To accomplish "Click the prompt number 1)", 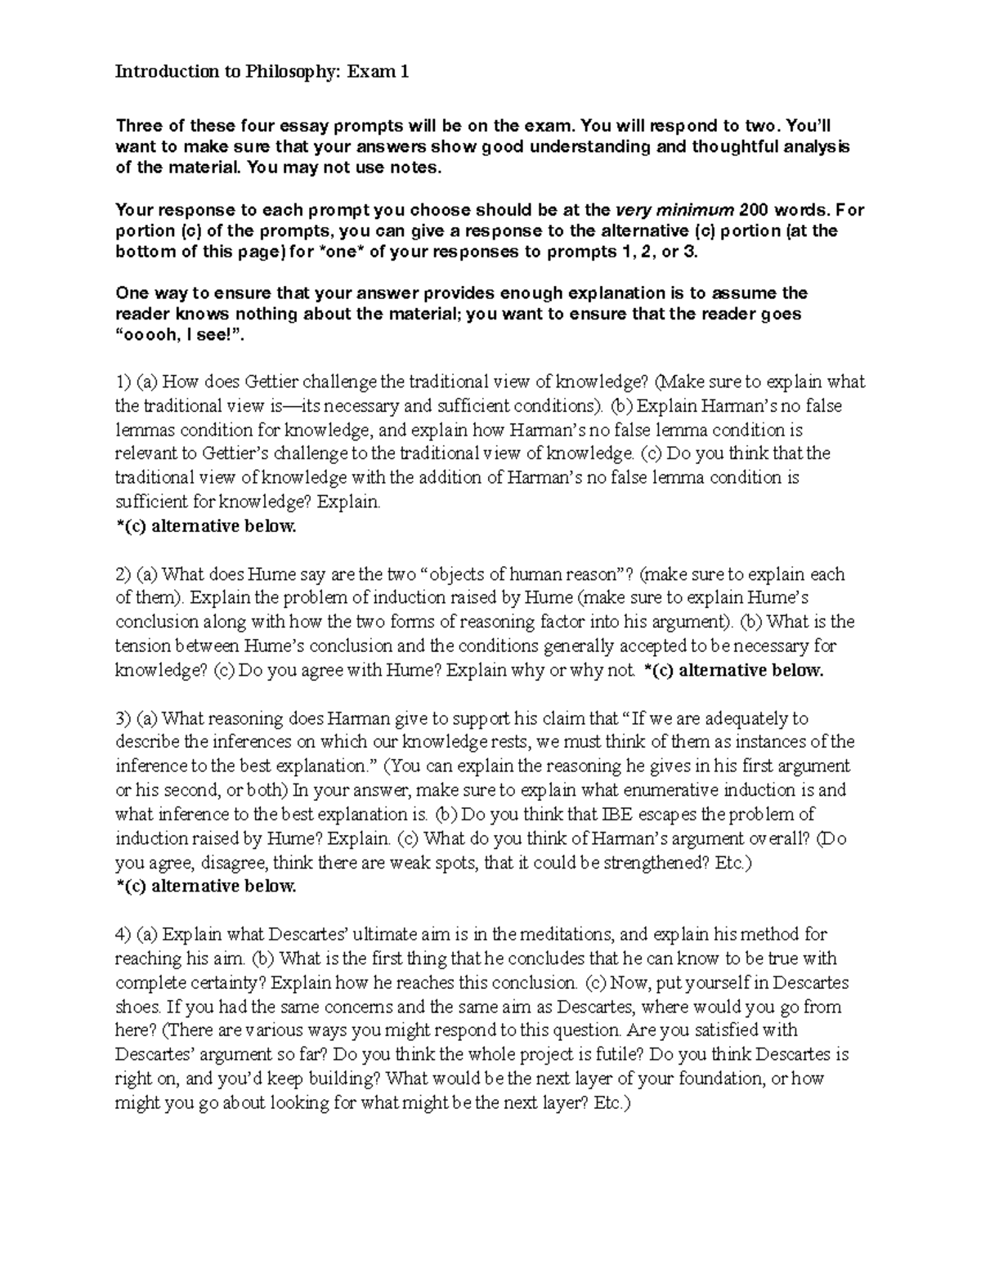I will point(123,382).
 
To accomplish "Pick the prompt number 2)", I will point(123,574).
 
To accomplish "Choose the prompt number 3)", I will point(123,718).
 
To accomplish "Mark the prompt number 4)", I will point(123,934).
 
